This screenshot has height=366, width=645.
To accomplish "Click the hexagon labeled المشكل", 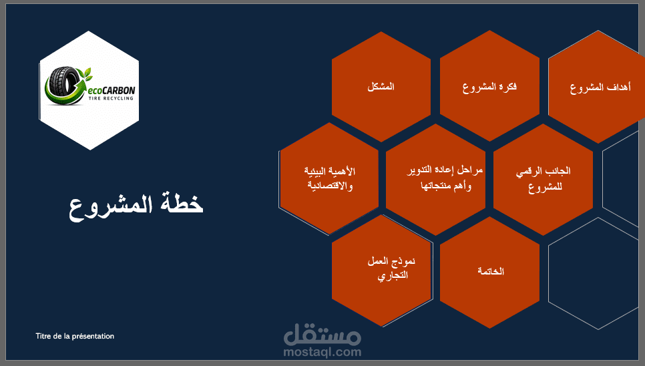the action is coord(381,87).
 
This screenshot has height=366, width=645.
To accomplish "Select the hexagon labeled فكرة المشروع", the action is coord(489,86).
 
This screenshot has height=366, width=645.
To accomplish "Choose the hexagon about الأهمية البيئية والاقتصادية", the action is coord(329,178).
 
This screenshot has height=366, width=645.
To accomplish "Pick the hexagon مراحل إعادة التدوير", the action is coord(435,179).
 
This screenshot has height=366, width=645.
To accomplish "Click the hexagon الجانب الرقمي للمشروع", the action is coord(543,179).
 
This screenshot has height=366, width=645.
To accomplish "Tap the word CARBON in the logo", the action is coord(118,90).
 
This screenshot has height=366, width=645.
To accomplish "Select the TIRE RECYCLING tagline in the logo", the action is coord(111,99).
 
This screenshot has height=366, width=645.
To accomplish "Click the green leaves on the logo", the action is coord(86,74).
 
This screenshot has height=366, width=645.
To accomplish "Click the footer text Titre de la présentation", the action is coord(75,337).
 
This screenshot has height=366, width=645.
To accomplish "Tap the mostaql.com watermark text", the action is coord(322,352).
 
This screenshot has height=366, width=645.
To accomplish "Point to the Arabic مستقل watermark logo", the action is coord(322,335).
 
